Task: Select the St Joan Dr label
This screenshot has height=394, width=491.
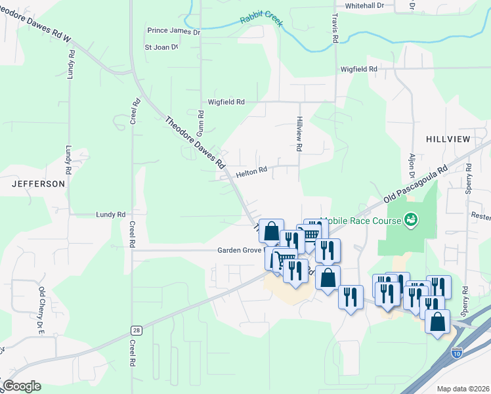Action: tap(161, 47)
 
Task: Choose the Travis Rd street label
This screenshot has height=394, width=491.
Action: tap(335, 29)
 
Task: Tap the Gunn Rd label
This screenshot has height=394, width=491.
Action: tap(201, 123)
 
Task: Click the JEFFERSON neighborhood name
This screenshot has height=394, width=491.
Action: tap(38, 184)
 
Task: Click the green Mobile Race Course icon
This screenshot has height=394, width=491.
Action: tap(411, 219)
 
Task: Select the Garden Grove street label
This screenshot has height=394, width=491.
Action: tap(240, 250)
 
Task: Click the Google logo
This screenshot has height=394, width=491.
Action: tap(22, 386)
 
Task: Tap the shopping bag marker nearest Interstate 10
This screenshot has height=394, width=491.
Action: tap(437, 322)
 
